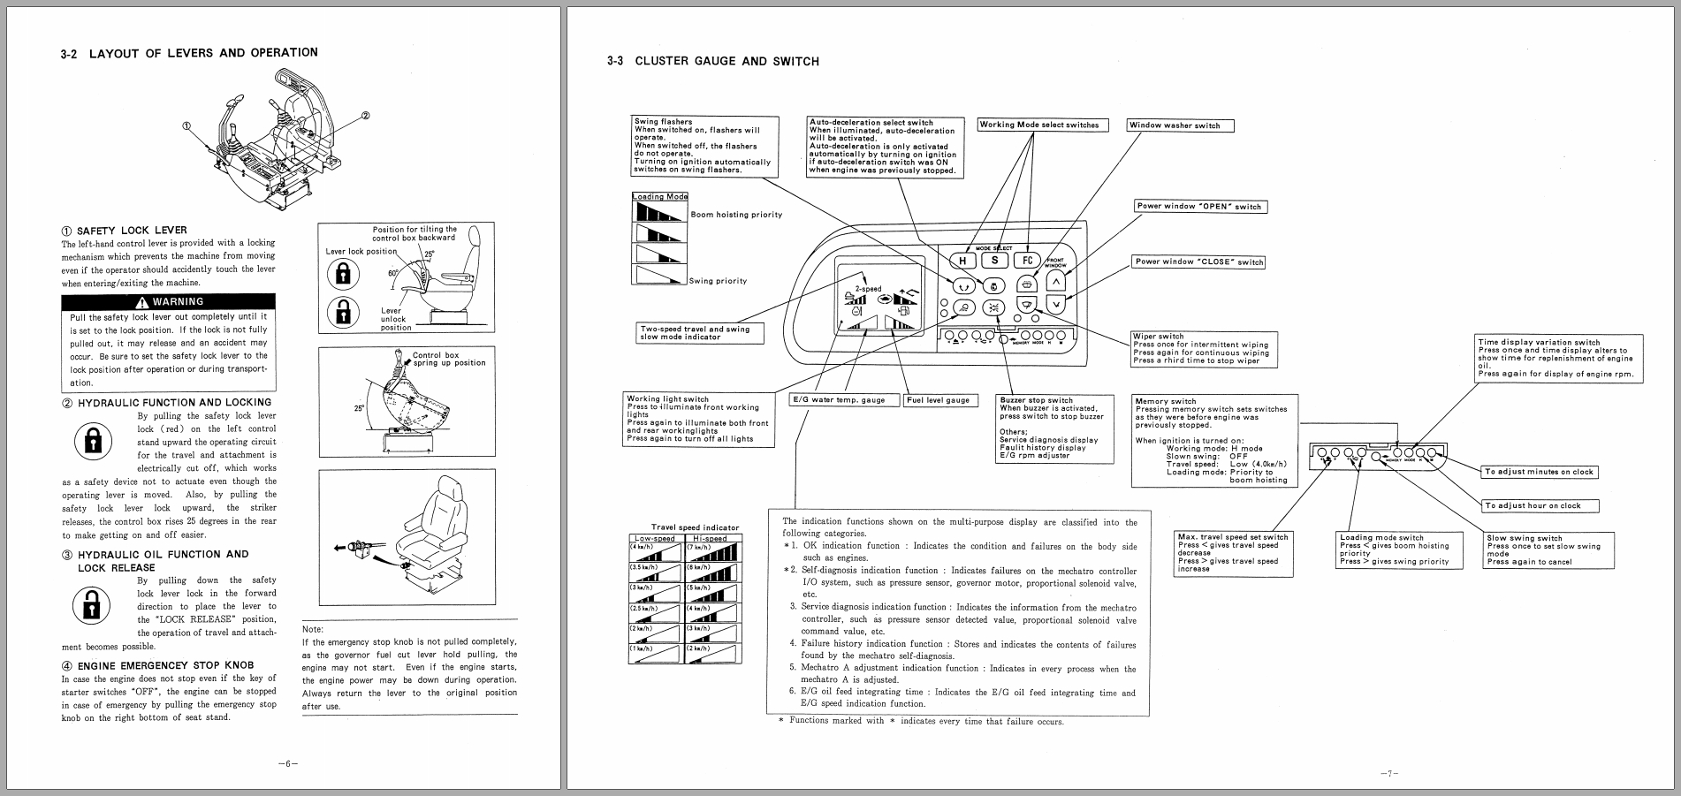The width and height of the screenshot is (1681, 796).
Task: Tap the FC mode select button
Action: point(1028,261)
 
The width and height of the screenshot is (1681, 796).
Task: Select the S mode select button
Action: point(995,261)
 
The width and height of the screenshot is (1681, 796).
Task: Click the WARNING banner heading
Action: point(168,301)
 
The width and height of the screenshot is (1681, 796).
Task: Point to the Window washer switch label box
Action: point(1180,125)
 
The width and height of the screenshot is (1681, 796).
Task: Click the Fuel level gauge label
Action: point(939,400)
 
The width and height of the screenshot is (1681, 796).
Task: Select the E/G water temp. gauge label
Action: point(843,400)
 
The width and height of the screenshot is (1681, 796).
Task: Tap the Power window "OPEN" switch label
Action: point(1199,207)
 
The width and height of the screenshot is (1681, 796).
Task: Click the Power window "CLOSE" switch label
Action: point(1198,262)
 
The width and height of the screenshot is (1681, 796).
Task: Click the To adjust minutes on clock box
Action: point(1539,472)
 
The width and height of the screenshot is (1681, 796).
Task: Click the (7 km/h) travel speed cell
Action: point(712,553)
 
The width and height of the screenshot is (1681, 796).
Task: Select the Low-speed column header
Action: point(655,538)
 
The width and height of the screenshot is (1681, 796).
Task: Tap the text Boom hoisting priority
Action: point(736,215)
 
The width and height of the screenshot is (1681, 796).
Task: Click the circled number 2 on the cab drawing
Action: point(366,116)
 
